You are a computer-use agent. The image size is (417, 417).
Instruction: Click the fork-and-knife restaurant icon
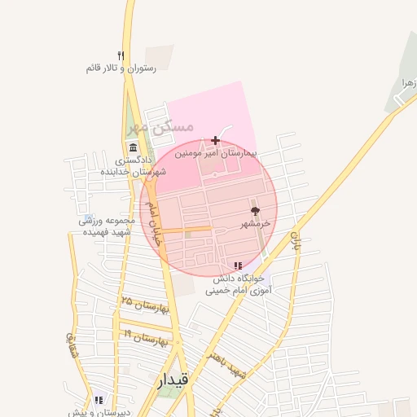(x=121, y=55)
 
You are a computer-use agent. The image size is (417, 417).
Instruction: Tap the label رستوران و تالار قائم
(x=121, y=68)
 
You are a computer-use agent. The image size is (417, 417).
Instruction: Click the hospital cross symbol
(x=215, y=141)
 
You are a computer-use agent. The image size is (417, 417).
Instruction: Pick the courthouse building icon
(x=133, y=147)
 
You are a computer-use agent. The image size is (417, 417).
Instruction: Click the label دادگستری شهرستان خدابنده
(x=133, y=166)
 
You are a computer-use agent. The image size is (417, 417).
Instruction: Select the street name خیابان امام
(x=156, y=215)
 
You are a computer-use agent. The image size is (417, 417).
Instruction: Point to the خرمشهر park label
(x=255, y=223)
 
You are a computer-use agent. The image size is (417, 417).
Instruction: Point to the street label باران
(x=295, y=241)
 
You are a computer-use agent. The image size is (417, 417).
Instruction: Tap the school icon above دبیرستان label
(x=99, y=400)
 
